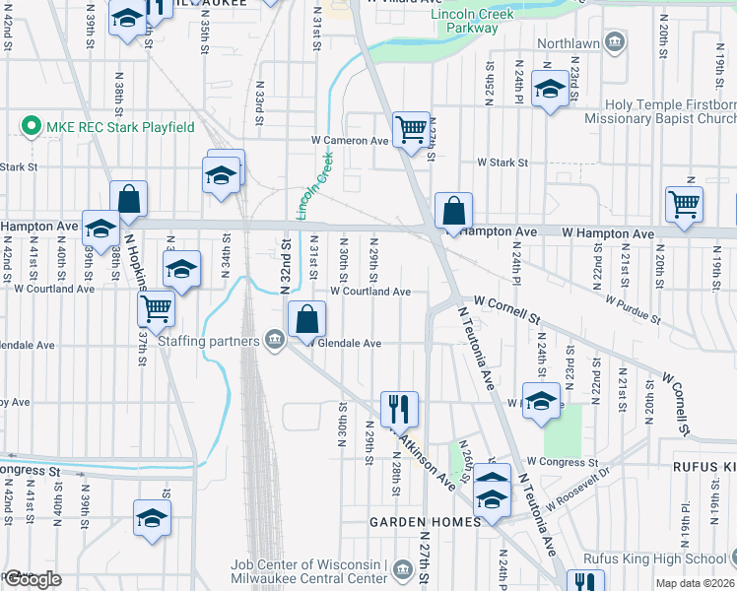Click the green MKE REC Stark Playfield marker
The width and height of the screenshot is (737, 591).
[31, 127]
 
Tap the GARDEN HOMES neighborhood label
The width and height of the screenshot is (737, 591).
[425, 521]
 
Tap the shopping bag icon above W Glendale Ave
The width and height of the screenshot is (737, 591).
[306, 318]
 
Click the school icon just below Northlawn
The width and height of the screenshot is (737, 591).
[550, 88]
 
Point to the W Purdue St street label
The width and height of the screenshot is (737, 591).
[633, 307]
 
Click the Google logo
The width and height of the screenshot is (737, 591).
[32, 579]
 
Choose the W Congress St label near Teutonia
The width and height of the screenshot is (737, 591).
[563, 461]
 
